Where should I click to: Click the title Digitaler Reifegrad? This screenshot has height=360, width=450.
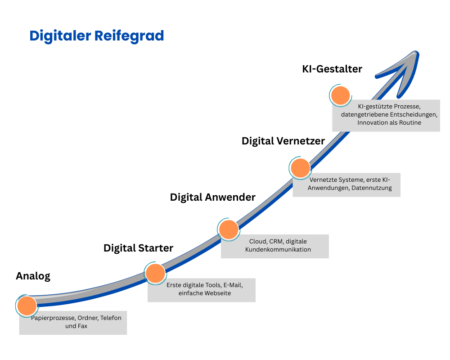point(97,36)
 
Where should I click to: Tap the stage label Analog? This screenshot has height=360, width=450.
point(33,276)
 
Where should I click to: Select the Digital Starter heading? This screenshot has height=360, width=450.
point(138,248)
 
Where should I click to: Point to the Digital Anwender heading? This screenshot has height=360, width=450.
point(212,197)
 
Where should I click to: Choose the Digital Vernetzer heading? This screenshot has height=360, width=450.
point(283,141)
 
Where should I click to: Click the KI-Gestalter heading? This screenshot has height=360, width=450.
point(333,69)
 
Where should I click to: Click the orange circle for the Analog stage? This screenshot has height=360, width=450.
point(27,306)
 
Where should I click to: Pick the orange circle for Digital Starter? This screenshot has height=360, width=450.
point(155,273)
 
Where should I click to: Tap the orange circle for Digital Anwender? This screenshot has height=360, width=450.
point(229,229)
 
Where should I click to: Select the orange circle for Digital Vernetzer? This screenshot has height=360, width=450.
point(300,168)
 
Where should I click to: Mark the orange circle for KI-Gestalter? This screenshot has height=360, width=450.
point(340,95)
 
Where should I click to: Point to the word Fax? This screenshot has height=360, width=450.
point(82,326)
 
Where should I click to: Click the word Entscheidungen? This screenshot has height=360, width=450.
point(414,114)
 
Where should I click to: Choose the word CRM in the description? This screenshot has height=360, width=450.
point(276,241)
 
